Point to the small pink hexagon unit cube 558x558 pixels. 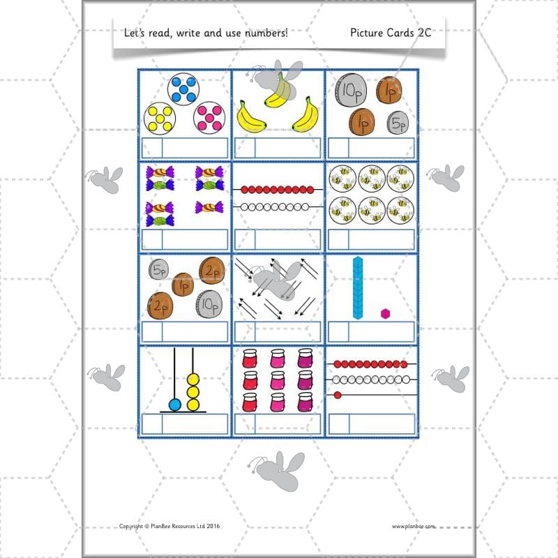point(384,313)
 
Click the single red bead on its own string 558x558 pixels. point(338,395)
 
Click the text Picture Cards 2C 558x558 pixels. point(395,31)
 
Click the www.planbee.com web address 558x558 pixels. point(413,527)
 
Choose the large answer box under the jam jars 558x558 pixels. point(287,424)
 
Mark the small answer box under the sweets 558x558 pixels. point(151,239)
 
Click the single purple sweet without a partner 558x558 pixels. point(209,207)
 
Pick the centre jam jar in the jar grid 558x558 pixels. point(278,381)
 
